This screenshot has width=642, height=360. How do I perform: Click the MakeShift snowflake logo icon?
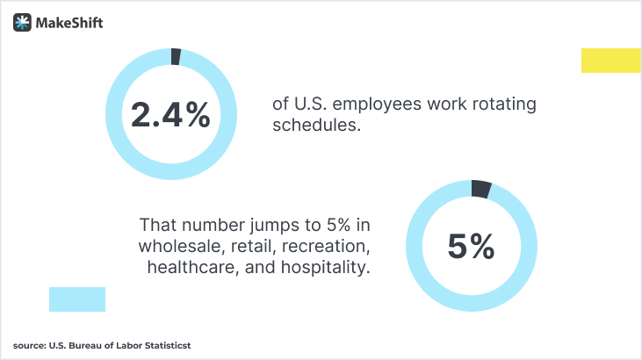click(23, 23)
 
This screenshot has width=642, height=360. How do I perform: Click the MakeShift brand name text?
click(69, 24)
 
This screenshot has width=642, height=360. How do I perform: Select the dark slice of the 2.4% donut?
click(176, 56)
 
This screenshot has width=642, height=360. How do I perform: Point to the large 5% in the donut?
click(471, 247)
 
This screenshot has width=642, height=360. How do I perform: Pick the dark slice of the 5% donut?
click(480, 188)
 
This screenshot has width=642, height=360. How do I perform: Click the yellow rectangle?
click(611, 61)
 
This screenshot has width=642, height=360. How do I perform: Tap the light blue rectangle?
click(77, 299)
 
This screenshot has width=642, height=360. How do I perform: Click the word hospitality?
click(324, 266)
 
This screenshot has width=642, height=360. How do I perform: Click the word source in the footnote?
click(28, 346)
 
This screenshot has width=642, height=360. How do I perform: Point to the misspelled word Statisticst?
click(163, 346)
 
